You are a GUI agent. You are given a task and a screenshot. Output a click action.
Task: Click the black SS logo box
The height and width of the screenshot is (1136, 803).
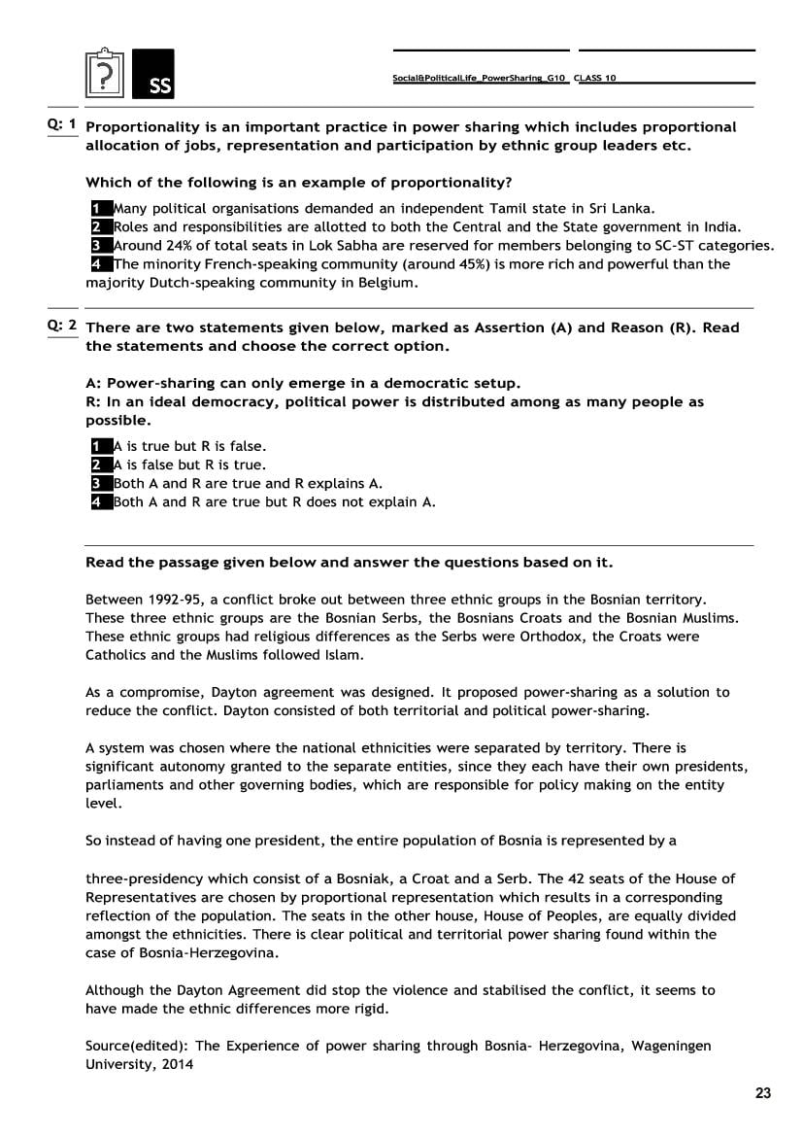coord(153,73)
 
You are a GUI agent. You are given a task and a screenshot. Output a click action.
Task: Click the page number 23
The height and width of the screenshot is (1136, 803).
coord(763,1093)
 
